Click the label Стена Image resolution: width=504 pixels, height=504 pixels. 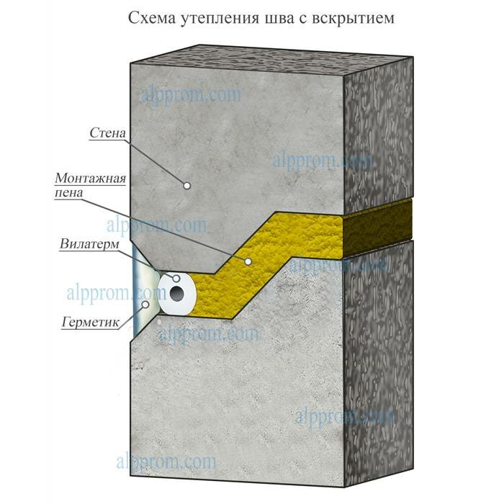pos(110,132)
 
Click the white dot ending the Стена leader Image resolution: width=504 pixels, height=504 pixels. pos(186,185)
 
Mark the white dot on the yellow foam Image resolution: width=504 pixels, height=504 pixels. pos(247,261)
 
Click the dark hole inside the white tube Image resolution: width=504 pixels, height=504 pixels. pos(177,294)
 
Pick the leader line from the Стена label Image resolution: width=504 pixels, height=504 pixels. pos(158,160)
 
